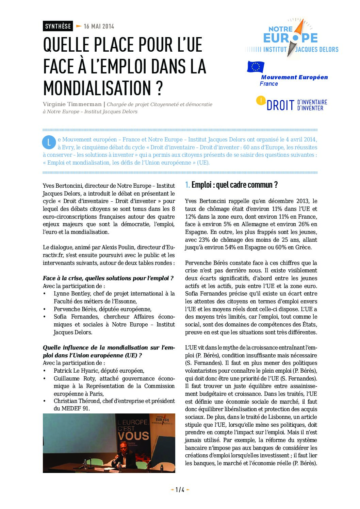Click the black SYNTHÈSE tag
58,26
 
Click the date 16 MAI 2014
99,26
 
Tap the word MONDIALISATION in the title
97,88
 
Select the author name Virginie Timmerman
72,104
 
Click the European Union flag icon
255,67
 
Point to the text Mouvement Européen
294,77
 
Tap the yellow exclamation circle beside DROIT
261,100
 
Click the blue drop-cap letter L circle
49,142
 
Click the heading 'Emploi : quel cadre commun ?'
234,185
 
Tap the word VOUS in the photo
133,436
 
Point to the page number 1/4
180,490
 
